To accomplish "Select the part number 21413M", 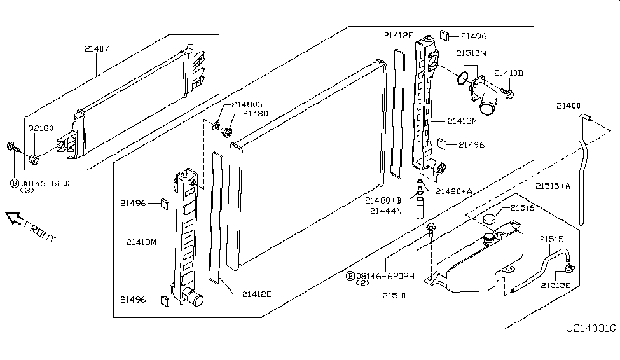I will click(141, 242).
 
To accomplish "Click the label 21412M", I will click(462, 120).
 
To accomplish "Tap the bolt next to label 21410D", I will click(508, 95).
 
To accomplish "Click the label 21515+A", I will click(556, 186).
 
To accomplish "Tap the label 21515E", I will click(557, 286).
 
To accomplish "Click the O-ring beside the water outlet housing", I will click(464, 80).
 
